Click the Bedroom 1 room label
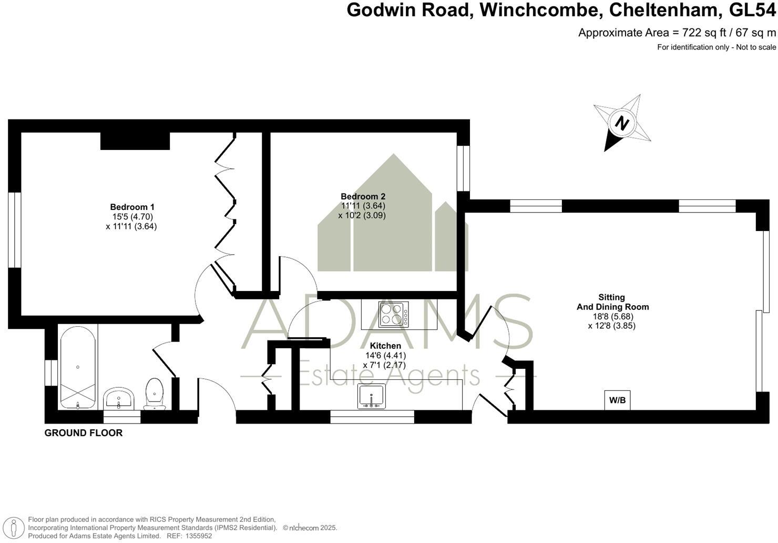132,207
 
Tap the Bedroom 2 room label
363,196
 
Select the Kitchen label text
385,346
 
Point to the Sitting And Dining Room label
611,302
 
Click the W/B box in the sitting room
617,400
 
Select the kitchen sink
372,396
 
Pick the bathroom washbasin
119,398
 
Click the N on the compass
622,124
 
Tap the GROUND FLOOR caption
84,433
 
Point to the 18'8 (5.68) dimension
611,316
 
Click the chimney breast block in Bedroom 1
135,140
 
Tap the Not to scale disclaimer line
716,47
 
